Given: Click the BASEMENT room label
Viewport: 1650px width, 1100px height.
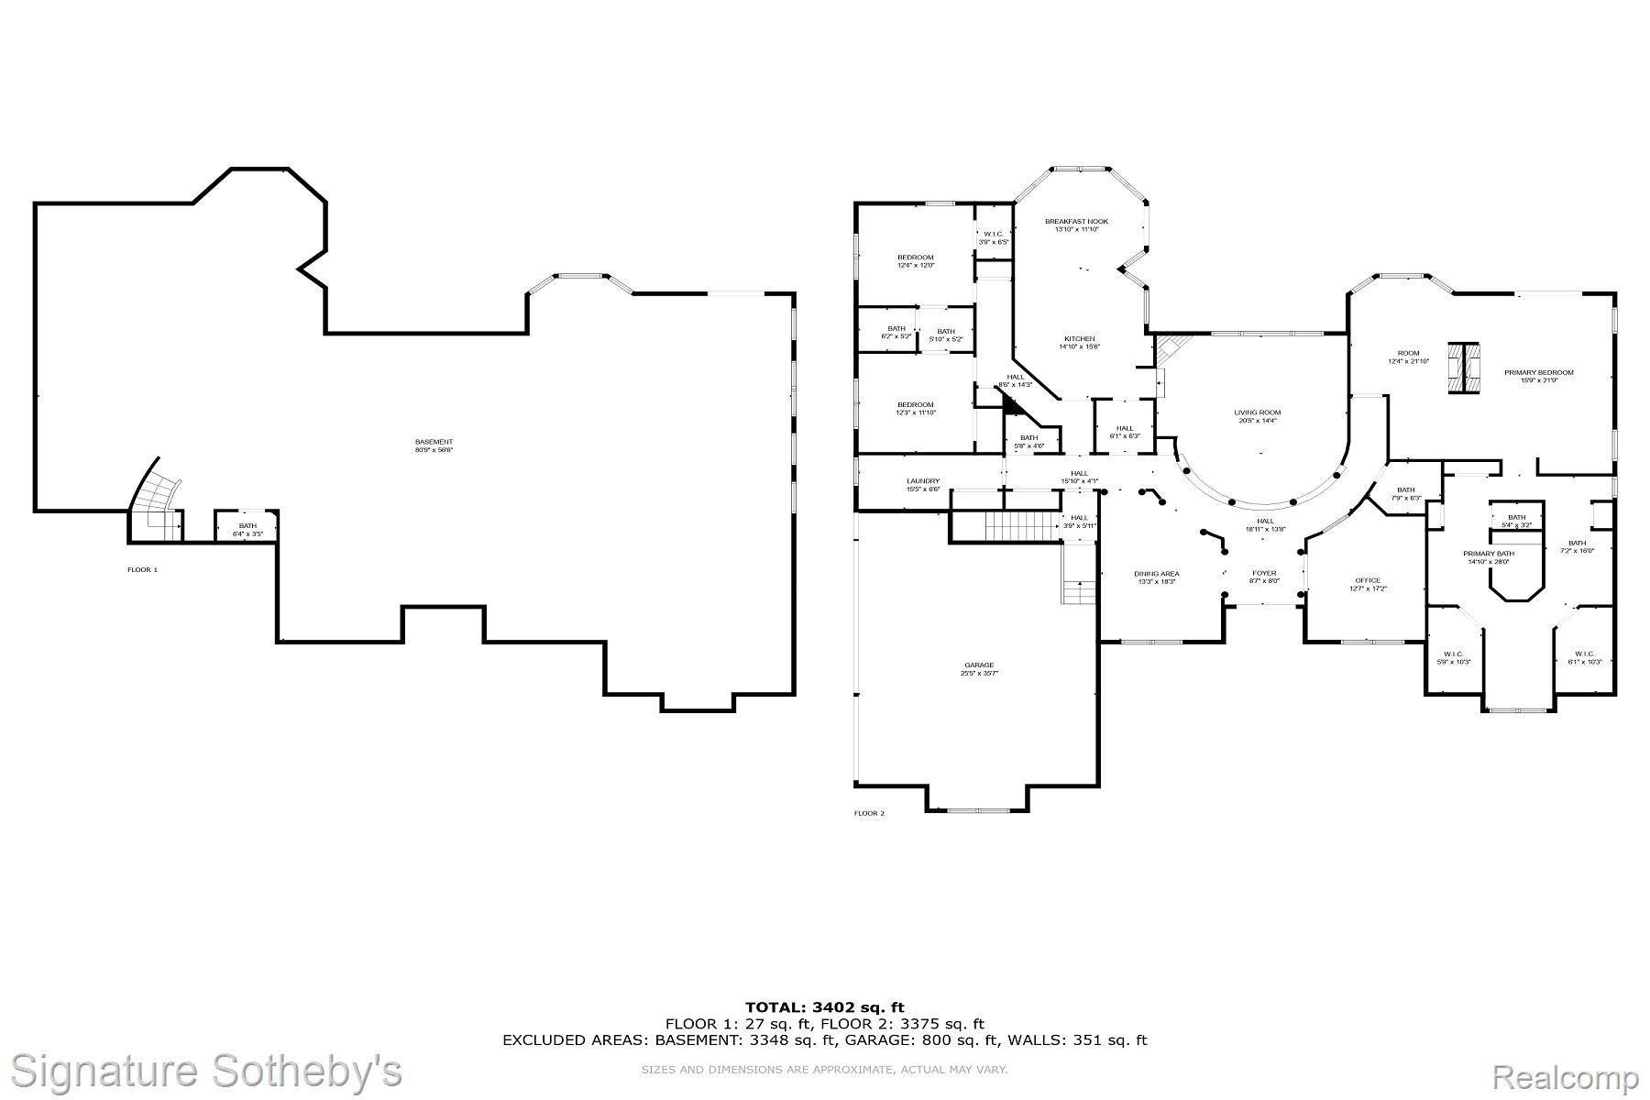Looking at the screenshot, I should [x=434, y=442].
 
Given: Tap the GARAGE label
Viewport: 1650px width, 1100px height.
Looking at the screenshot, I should [x=978, y=665].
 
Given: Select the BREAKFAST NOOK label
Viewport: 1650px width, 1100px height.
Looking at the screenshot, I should [x=1076, y=222].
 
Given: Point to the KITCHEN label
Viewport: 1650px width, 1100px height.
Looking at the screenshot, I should [x=1079, y=339].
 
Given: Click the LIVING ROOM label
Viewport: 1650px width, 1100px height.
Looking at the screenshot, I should [x=1257, y=412].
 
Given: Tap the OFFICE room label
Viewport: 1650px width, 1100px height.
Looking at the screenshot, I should [x=1367, y=580].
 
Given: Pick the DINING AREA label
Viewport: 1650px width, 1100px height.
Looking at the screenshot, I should [x=1156, y=574].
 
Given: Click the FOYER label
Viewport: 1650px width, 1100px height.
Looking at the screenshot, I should [x=1264, y=574].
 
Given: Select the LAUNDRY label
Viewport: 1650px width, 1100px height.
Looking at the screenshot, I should [x=922, y=481].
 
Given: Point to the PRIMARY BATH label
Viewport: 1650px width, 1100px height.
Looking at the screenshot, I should [x=1488, y=554].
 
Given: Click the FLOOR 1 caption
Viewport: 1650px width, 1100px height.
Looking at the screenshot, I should [x=142, y=569].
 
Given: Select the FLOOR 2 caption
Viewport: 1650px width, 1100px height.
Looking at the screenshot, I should [x=869, y=813].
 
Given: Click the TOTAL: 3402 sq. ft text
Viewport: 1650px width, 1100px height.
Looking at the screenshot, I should [x=824, y=1007].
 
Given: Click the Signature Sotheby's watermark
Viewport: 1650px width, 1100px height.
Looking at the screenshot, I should [x=205, y=1071].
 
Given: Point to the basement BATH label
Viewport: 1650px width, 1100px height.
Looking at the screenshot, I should [x=247, y=525].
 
